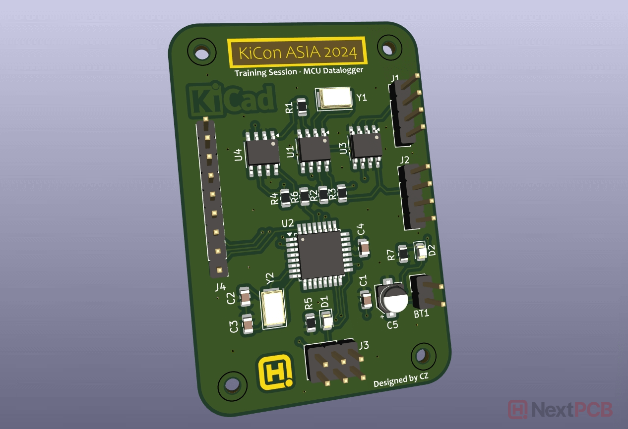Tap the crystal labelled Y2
(x=274, y=309)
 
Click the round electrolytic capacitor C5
(x=392, y=298)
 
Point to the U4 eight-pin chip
(x=262, y=153)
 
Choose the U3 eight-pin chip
(x=365, y=147)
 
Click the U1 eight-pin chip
(x=314, y=150)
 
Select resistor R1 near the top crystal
(x=302, y=107)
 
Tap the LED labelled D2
(x=421, y=251)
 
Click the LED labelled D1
(x=326, y=320)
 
